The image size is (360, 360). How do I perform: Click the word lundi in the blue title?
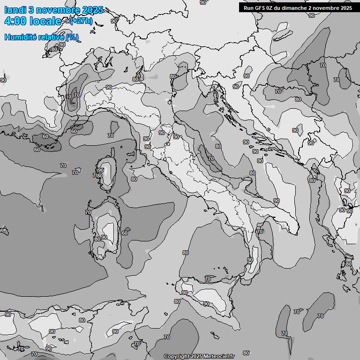click(x=15, y=10)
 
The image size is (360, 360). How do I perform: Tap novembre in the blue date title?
click(x=53, y=10)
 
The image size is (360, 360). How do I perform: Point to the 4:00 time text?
click(x=15, y=21)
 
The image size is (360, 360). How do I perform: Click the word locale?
click(x=45, y=21)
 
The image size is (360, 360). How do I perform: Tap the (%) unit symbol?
click(x=72, y=37)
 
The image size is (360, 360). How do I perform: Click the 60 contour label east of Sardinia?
click(x=125, y=233)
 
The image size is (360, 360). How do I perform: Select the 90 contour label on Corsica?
click(x=101, y=170)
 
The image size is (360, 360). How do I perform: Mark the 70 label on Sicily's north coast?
click(x=208, y=279)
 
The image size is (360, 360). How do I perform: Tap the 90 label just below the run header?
click(x=312, y=15)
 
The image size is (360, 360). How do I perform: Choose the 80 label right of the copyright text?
click(x=246, y=353)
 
